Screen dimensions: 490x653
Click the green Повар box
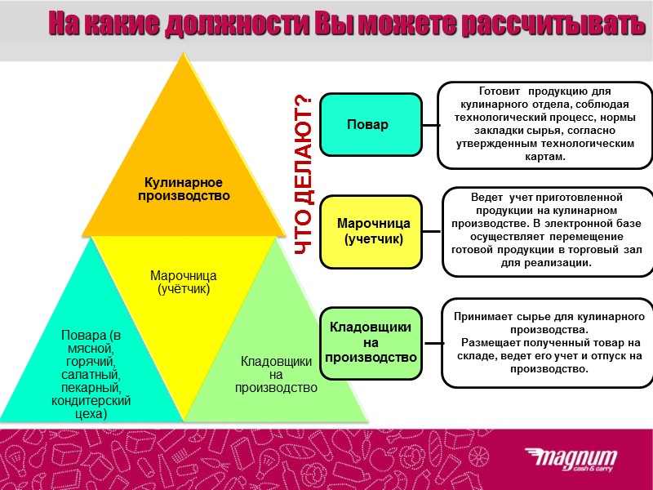click(x=371, y=125)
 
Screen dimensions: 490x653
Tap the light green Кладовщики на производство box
click(x=371, y=342)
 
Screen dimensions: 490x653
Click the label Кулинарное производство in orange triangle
click(x=184, y=189)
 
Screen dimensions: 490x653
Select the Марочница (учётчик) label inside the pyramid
click(x=183, y=282)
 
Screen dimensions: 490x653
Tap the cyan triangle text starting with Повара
click(x=91, y=374)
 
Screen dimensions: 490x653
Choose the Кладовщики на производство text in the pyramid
click(x=276, y=373)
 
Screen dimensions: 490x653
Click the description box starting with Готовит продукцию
click(x=545, y=124)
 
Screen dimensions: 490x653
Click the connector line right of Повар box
click(x=430, y=125)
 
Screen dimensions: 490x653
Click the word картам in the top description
click(x=545, y=156)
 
